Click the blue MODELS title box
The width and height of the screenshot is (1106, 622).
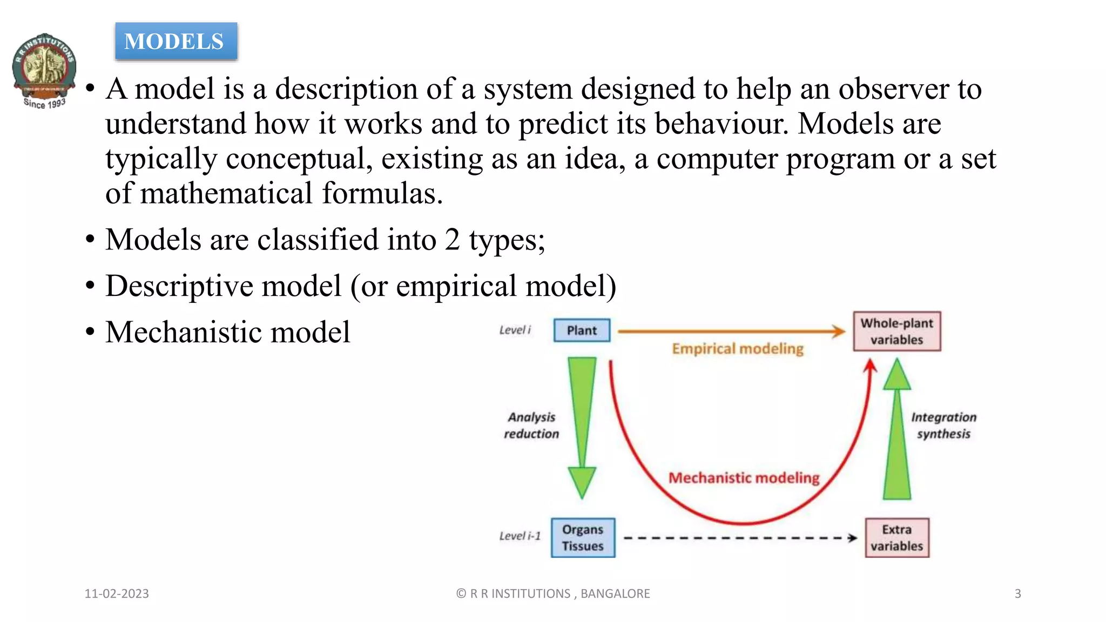tap(176, 42)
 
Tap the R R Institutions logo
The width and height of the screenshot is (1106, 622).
tap(44, 70)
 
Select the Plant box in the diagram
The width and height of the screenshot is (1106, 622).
tap(582, 330)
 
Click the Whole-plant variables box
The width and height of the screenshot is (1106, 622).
tap(896, 332)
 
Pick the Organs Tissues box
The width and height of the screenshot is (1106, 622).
tap(583, 538)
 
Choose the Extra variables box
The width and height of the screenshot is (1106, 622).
tap(896, 538)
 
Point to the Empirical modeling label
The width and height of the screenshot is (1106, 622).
tap(738, 349)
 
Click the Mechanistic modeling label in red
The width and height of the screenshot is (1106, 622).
tap(744, 478)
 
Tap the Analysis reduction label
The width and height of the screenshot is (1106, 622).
tap(531, 425)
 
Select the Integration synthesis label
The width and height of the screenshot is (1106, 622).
tap(943, 425)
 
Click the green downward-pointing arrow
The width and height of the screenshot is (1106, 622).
tap(582, 427)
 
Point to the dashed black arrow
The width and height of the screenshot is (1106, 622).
tap(740, 538)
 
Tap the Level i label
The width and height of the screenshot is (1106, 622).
tap(515, 330)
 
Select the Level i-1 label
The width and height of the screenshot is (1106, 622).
tap(520, 536)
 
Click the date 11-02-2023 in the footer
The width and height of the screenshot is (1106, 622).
tap(117, 593)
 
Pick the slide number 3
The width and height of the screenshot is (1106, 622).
tap(1017, 593)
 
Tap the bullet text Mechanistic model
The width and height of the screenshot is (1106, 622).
tap(227, 332)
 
